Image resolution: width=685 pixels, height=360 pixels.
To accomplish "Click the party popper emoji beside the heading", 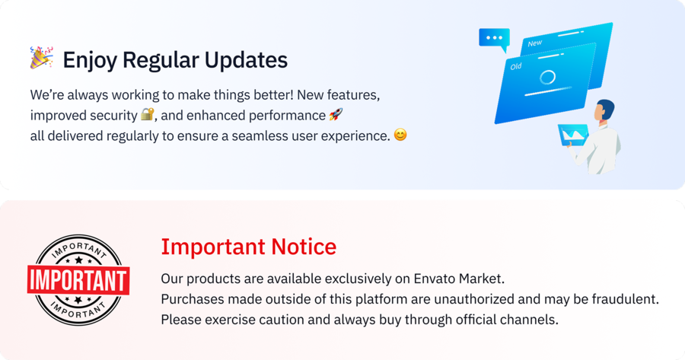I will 41,59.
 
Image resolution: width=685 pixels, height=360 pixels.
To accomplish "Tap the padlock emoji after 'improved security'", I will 148,116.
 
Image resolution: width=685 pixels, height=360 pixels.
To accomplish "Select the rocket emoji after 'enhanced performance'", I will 336,116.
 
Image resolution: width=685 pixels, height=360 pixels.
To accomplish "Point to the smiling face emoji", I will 400,135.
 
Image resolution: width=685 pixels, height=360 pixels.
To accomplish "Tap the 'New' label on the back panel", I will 535,43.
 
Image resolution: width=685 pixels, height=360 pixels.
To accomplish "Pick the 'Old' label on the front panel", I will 516,67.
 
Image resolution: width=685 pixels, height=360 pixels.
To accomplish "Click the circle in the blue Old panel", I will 547,78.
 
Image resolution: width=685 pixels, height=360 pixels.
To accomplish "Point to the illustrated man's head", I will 605,110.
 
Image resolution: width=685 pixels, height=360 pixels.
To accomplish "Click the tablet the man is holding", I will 573,135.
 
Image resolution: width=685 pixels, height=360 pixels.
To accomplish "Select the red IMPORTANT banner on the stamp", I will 78,279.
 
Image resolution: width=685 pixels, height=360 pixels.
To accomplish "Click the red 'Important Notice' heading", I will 248,247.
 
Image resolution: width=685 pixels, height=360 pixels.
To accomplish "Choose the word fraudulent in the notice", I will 622,298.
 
